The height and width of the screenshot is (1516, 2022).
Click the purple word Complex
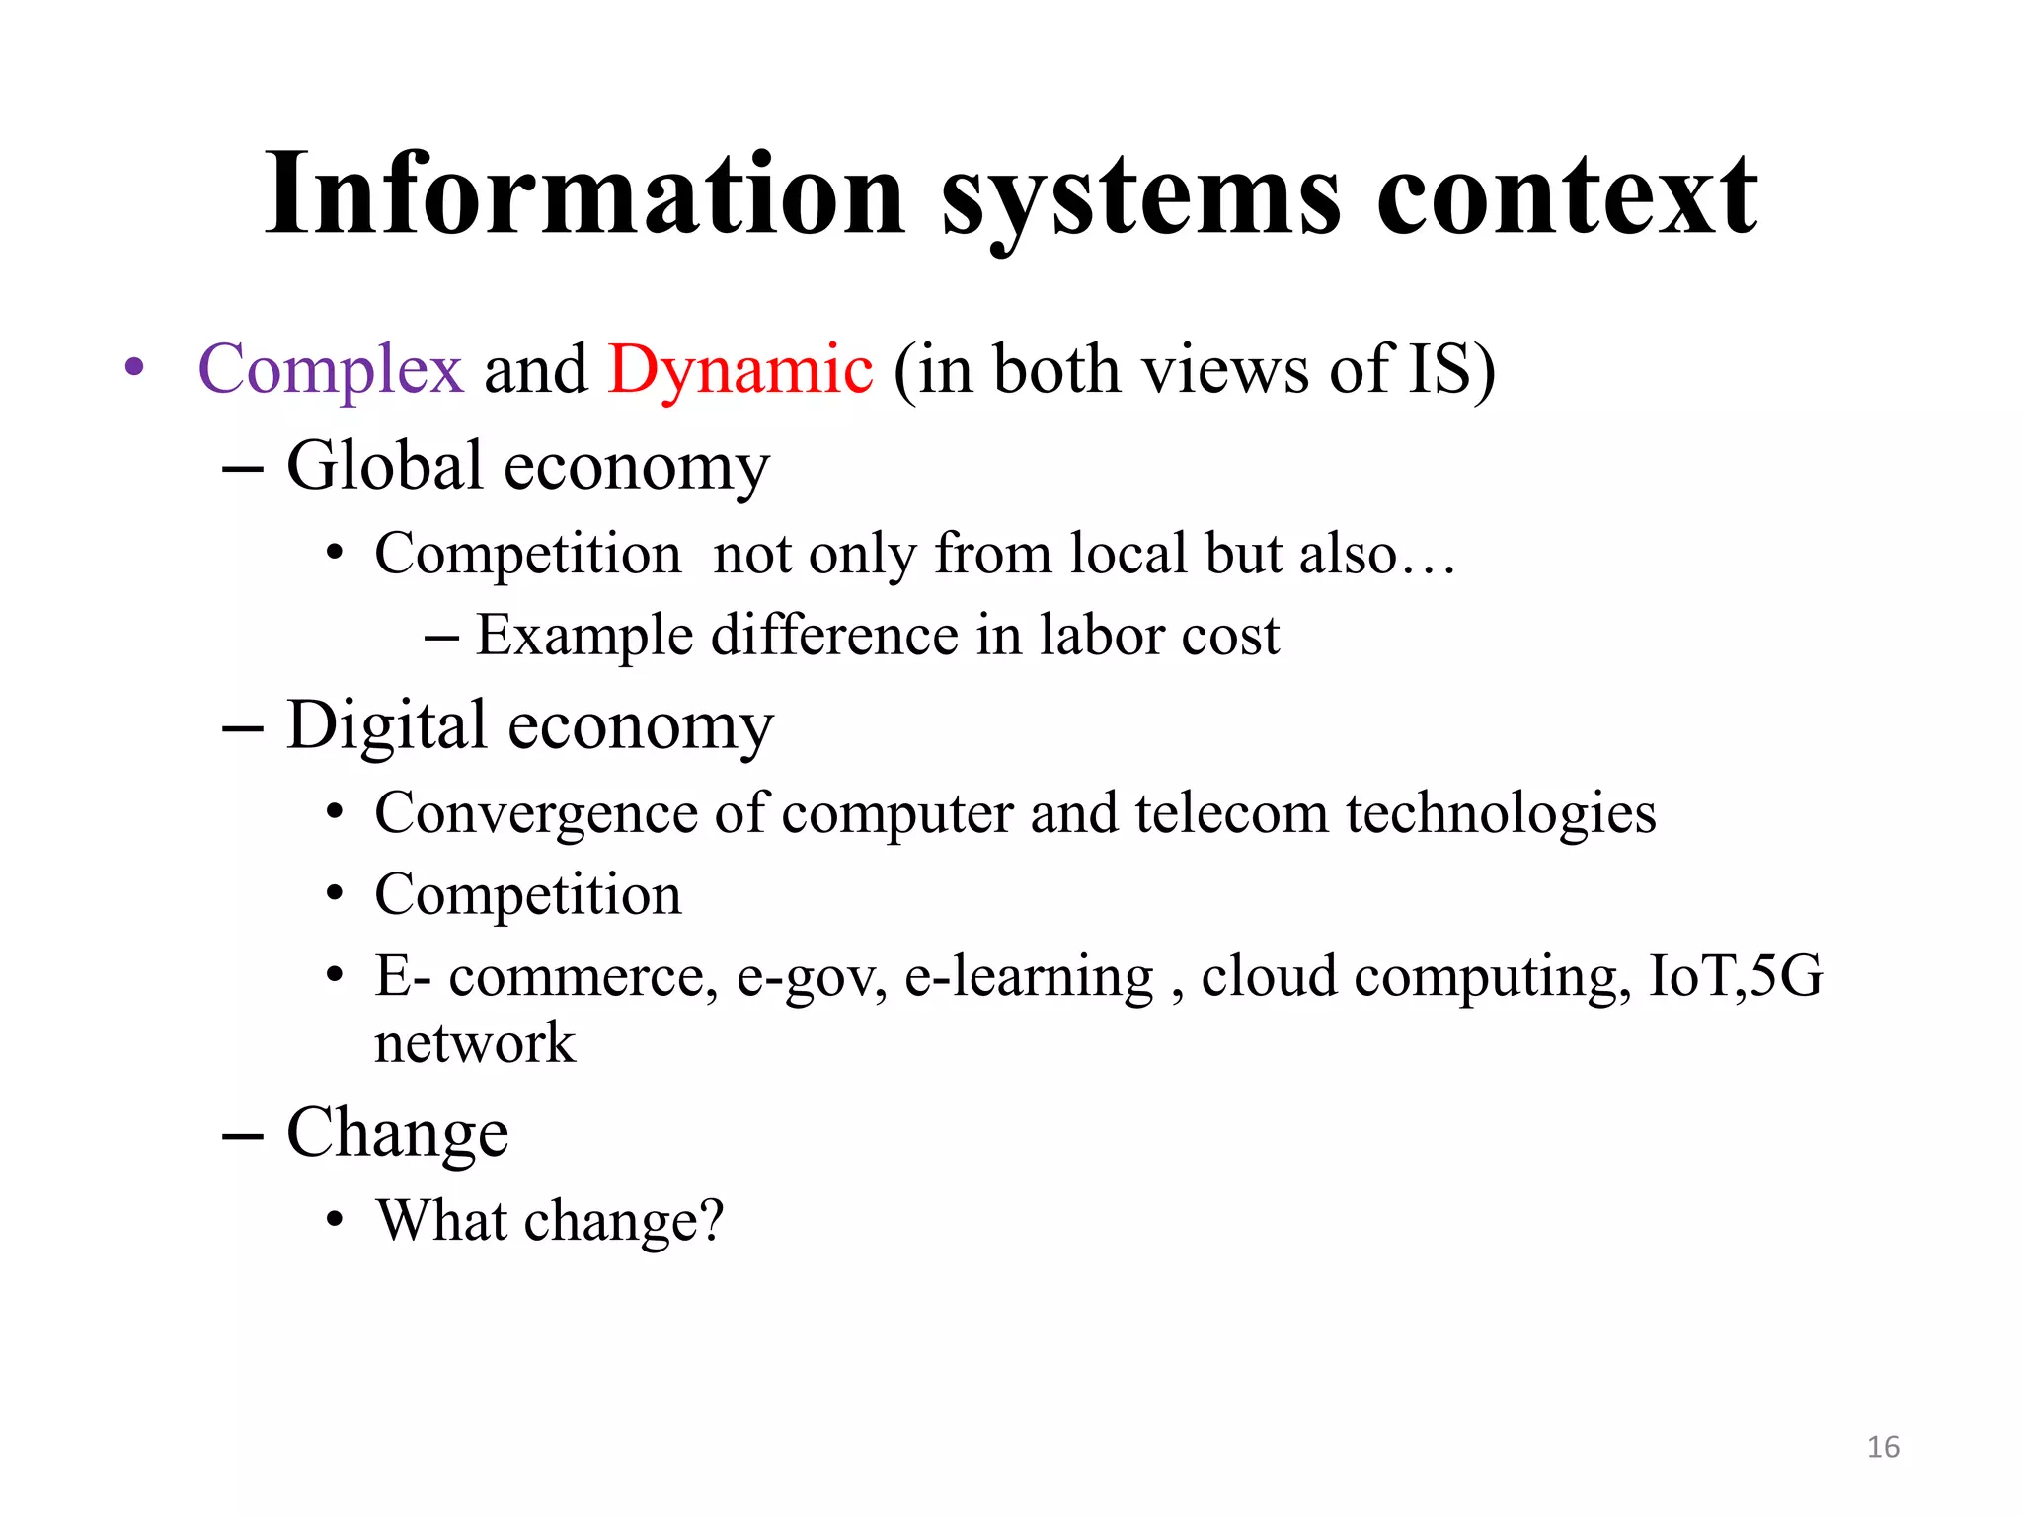[x=331, y=370]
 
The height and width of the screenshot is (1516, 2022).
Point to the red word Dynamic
[x=740, y=370]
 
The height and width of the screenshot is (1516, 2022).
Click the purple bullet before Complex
[x=135, y=368]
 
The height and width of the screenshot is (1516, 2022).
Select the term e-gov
[x=812, y=978]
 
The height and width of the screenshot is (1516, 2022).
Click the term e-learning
[x=1029, y=978]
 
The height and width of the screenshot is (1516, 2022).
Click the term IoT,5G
[x=1735, y=976]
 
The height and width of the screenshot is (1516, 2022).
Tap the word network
[x=475, y=1043]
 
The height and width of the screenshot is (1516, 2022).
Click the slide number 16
[x=1883, y=1447]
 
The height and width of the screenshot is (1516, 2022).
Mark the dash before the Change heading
[x=243, y=1135]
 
